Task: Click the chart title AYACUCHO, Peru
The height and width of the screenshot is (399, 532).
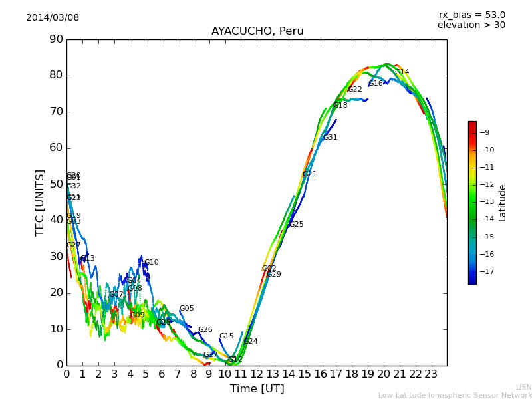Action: pyautogui.click(x=257, y=31)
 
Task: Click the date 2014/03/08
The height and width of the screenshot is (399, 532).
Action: pyautogui.click(x=53, y=18)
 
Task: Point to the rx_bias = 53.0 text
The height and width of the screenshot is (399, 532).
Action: pyautogui.click(x=471, y=15)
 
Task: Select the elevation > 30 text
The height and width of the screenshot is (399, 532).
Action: pyautogui.click(x=471, y=25)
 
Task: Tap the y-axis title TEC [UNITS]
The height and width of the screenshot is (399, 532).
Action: pyautogui.click(x=40, y=202)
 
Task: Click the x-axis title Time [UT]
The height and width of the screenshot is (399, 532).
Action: pyautogui.click(x=257, y=389)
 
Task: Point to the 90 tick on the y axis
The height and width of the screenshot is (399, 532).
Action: pyautogui.click(x=55, y=39)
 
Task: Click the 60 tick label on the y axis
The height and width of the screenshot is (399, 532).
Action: pyautogui.click(x=55, y=148)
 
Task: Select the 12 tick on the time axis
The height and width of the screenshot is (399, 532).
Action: pyautogui.click(x=257, y=374)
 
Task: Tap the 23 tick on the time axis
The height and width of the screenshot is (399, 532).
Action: pyautogui.click(x=431, y=374)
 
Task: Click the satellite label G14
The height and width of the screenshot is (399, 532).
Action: pyautogui.click(x=402, y=72)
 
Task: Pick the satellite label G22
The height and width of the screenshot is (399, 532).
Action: pyautogui.click(x=354, y=90)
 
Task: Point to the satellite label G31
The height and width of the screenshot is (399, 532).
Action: pyautogui.click(x=330, y=138)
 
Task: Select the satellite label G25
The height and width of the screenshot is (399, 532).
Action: pyautogui.click(x=296, y=225)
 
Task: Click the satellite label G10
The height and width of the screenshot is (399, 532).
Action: pyautogui.click(x=152, y=263)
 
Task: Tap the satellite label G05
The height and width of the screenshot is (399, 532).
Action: pyautogui.click(x=186, y=309)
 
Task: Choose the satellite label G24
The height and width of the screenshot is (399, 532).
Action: pyautogui.click(x=250, y=342)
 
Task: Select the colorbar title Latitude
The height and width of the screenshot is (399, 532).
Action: pyautogui.click(x=503, y=202)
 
